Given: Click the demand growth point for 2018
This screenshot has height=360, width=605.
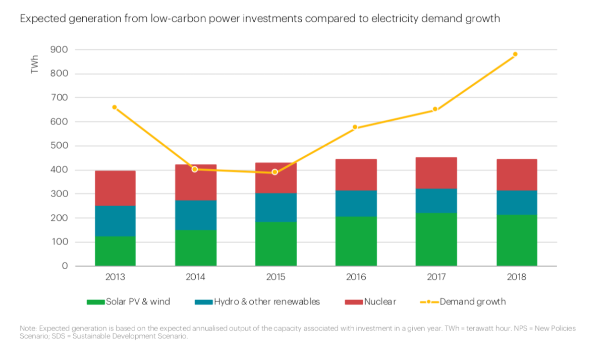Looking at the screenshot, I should [x=515, y=54].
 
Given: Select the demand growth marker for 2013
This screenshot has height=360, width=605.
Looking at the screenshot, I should [x=115, y=107].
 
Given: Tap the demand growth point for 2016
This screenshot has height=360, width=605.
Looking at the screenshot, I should [x=355, y=127].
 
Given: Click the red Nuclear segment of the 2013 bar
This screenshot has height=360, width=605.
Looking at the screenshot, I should [x=115, y=188].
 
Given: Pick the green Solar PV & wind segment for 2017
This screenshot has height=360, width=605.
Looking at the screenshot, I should [x=436, y=239].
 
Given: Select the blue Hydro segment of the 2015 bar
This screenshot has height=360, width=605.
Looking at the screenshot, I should [x=276, y=207].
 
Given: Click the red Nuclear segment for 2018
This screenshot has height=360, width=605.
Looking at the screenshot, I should [x=516, y=174].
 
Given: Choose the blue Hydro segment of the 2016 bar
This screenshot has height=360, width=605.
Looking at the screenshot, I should [x=356, y=203].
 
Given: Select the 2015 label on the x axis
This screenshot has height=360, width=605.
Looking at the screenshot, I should [x=276, y=277].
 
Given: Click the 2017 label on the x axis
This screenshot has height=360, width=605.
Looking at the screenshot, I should [x=436, y=277].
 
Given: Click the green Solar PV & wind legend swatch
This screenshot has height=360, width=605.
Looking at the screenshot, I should [x=95, y=302].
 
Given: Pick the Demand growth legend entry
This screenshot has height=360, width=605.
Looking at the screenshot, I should [x=472, y=302].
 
